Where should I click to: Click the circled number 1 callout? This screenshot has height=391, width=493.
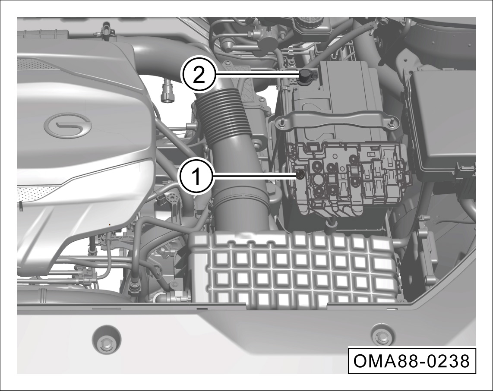196,177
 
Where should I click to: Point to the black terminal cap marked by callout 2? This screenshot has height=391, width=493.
304,76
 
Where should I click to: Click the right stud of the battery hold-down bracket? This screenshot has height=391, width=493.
392,123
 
